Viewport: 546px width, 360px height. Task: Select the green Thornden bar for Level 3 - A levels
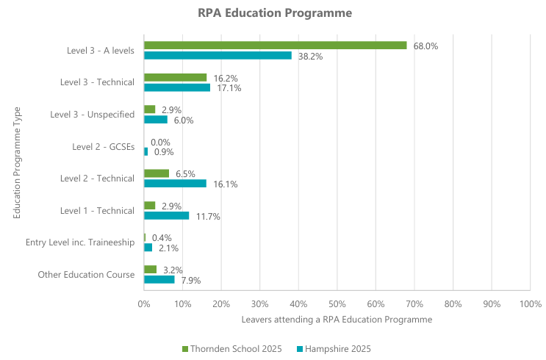point(275,46)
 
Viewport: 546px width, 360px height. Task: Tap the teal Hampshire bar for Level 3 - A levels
point(218,55)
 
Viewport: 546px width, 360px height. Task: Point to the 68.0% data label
point(425,46)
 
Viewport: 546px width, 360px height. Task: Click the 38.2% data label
point(310,56)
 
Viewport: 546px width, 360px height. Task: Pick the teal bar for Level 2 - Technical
point(175,184)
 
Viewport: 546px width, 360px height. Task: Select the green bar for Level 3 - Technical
point(175,77)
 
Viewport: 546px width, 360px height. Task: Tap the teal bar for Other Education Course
point(159,280)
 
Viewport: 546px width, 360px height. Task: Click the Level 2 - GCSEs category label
point(103,146)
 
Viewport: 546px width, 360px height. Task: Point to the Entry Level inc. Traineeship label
point(80,242)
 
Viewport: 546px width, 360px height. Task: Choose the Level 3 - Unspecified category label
point(92,114)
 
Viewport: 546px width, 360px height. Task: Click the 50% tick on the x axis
point(337,303)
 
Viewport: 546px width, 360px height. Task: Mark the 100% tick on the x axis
point(530,303)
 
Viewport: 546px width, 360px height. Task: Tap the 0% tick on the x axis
point(144,303)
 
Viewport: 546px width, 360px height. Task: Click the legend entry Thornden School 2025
point(231,348)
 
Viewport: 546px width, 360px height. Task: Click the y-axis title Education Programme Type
point(16,163)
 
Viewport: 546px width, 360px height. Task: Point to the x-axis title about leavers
point(337,320)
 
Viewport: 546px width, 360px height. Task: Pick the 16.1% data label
point(226,184)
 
